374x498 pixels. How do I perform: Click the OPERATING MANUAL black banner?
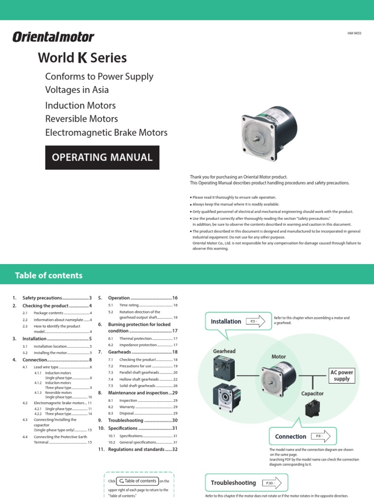tap(102, 157)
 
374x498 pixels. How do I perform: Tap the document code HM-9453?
tap(355, 34)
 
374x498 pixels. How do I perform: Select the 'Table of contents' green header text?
tap(49, 275)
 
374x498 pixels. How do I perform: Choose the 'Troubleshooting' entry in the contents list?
tap(126, 420)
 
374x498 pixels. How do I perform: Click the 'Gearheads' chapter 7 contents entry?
tap(119, 352)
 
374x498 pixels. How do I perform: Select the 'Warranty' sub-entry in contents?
tap(128, 407)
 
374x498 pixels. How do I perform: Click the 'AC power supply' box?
tap(342, 375)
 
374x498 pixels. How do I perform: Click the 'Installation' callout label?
tap(226, 321)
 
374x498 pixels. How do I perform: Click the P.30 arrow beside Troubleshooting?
tap(272, 483)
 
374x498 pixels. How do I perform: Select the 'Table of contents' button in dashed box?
tap(138, 481)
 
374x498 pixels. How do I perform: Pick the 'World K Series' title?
tap(82, 58)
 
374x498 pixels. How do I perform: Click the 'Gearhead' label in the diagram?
tap(224, 351)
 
